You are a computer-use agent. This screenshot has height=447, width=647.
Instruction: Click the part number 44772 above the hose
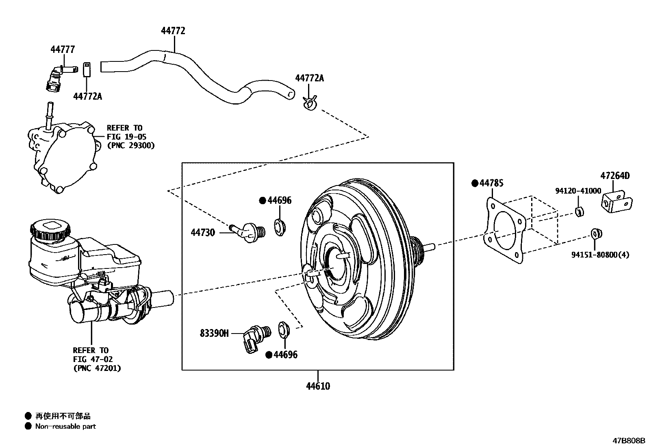173,31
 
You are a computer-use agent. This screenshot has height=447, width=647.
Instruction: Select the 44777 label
63,50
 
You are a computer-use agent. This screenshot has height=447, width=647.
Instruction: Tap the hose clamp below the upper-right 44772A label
310,103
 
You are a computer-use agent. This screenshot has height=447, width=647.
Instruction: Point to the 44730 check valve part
248,231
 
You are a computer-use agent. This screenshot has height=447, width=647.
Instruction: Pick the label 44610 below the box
318,386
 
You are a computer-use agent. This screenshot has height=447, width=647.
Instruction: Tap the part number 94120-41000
578,191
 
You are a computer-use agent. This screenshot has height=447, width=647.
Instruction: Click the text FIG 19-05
126,137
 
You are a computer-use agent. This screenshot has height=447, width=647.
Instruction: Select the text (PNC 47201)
97,369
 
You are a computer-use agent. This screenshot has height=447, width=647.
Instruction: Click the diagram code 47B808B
629,441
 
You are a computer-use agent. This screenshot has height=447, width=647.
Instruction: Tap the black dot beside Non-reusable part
28,426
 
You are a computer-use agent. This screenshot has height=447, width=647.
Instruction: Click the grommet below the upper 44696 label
280,226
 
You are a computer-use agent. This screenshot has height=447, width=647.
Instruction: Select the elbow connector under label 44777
54,79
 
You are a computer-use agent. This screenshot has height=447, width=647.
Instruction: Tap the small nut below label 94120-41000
580,212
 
